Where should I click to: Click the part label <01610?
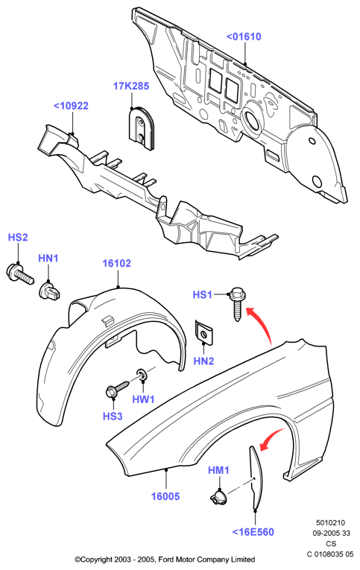click(244, 37)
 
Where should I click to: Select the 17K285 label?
click(131, 86)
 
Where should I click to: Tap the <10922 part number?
click(71, 106)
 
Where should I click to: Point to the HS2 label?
click(18, 238)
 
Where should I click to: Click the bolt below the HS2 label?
click(20, 273)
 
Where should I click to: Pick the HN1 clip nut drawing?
click(49, 291)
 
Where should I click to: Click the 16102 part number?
click(117, 263)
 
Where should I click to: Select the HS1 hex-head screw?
click(236, 303)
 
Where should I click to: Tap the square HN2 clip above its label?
click(203, 332)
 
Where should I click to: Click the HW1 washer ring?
click(142, 375)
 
